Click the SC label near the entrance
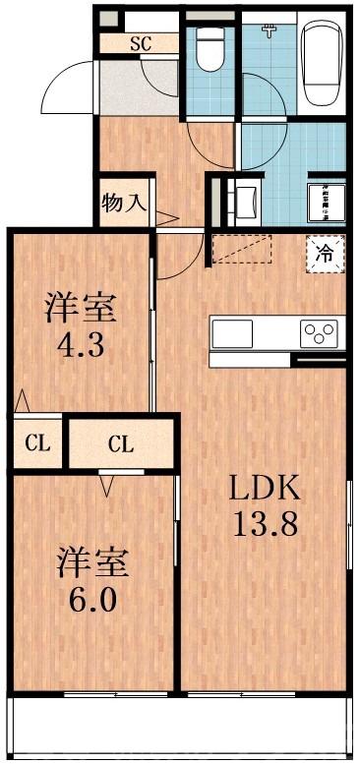(x=141, y=43)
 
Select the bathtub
(x=321, y=65)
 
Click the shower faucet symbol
(x=270, y=30)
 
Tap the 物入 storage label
(x=124, y=204)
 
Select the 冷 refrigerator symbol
(x=325, y=252)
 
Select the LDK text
(x=263, y=488)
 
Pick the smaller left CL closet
(x=37, y=443)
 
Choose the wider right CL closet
(x=120, y=444)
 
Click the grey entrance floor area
(x=138, y=90)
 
